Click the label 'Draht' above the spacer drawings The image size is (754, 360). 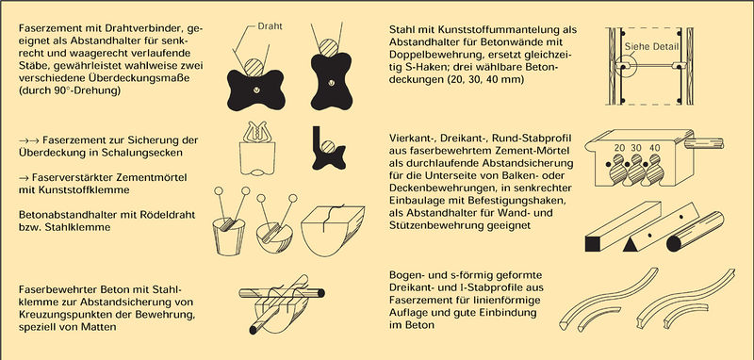[x=270, y=26]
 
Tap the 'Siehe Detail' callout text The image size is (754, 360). [x=651, y=46]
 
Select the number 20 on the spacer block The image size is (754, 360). [x=619, y=149]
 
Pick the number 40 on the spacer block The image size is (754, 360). [x=654, y=149]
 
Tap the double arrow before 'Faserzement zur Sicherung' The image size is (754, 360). [x=28, y=140]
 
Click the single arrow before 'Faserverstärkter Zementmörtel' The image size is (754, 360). [x=23, y=177]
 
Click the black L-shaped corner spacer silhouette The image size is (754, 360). [x=329, y=148]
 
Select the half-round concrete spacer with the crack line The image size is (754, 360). [x=333, y=230]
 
